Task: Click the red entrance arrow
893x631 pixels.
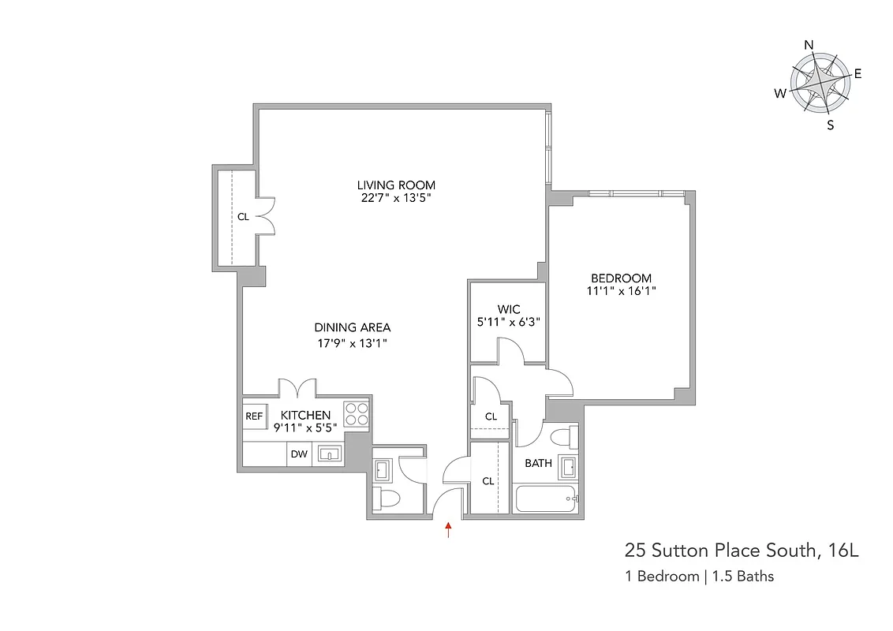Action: (449, 529)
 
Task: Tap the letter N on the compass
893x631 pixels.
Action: (809, 45)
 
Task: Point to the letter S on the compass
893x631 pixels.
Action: (830, 125)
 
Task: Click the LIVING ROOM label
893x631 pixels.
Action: (396, 185)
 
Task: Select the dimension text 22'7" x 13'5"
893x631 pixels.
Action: (396, 198)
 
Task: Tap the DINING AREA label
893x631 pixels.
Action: (353, 327)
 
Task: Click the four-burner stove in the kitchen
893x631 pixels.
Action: (356, 414)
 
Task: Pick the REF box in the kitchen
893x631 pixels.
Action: (253, 416)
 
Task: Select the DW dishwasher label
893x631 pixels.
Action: (299, 454)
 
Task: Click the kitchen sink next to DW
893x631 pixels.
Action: (328, 454)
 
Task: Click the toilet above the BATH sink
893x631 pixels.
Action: (563, 437)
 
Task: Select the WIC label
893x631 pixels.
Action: (507, 308)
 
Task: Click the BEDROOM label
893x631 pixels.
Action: (622, 278)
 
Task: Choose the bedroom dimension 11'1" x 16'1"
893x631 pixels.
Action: (622, 290)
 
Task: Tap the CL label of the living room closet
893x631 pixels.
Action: (243, 216)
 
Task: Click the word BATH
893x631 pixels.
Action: (539, 463)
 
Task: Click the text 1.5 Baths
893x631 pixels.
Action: (743, 576)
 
